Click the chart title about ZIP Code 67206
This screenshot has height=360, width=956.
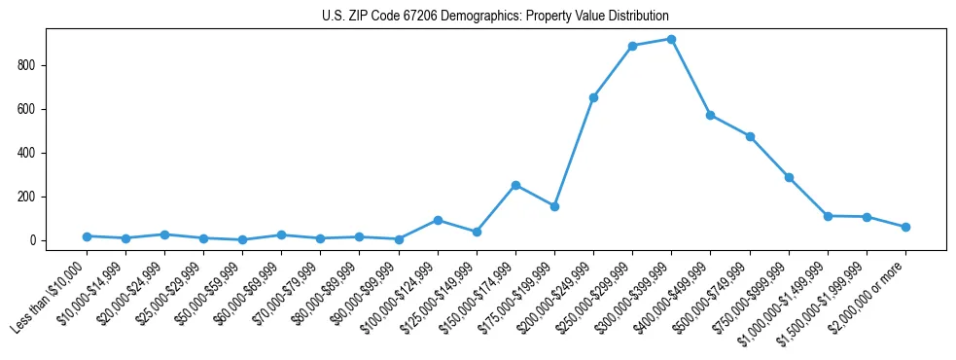[x=495, y=17]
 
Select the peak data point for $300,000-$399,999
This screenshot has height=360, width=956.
[x=671, y=39]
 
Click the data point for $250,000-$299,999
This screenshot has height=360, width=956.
[x=632, y=46]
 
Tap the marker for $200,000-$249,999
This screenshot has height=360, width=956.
[x=593, y=97]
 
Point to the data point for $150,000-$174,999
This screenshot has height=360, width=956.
[x=515, y=185]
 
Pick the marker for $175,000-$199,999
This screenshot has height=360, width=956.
[x=554, y=206]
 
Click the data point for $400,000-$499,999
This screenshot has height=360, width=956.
[x=710, y=115]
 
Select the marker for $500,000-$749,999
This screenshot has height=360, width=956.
[x=750, y=136]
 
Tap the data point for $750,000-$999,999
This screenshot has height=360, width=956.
[x=789, y=177]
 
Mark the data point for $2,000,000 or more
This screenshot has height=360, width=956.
[x=905, y=227]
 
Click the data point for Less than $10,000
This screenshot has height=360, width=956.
[x=88, y=236]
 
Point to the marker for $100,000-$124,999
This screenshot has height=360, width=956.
[x=438, y=220]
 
